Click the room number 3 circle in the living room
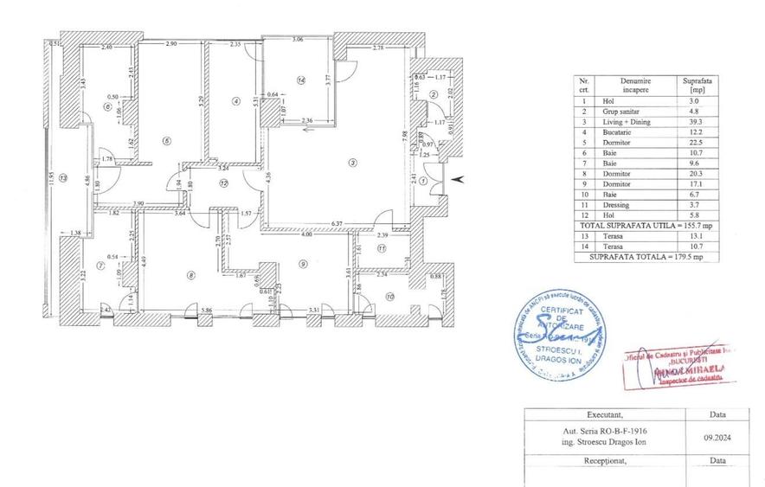click(x=351, y=162)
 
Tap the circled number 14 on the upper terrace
click(x=300, y=80)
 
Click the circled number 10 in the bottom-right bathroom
click(x=390, y=297)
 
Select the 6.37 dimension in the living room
click(x=350, y=222)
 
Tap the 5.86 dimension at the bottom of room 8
click(x=204, y=309)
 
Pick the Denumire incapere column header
click(x=634, y=84)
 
